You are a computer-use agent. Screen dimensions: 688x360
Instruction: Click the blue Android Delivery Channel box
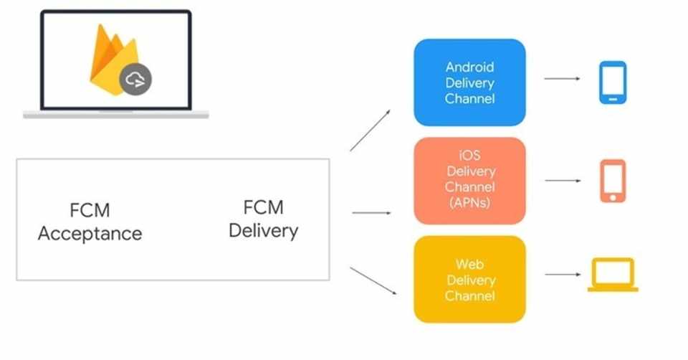tap(469, 82)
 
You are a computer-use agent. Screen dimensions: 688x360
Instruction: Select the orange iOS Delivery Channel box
tap(469, 181)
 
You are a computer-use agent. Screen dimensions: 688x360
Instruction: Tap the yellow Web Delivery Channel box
tap(469, 279)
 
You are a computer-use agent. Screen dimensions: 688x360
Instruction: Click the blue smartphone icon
tap(613, 82)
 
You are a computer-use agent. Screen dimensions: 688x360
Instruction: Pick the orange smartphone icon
tap(613, 181)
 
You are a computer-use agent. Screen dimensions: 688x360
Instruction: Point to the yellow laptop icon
tap(613, 275)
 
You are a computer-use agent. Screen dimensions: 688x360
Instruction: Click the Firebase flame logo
tap(115, 60)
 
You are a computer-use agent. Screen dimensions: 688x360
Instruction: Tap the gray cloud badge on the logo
tap(135, 80)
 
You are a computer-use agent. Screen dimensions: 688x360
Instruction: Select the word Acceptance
tap(90, 234)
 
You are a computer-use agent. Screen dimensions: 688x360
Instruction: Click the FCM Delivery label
tap(263, 219)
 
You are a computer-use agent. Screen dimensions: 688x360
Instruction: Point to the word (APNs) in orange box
tap(469, 202)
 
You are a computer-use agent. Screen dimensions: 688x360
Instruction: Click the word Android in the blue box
tap(470, 67)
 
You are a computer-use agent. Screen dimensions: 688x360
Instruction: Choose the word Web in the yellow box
tap(469, 265)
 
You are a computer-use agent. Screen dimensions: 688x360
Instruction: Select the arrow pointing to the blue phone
tap(562, 79)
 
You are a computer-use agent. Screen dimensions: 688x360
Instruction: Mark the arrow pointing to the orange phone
tap(563, 181)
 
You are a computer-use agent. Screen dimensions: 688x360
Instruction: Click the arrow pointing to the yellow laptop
tap(563, 275)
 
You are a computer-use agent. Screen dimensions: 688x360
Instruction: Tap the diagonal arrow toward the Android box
tap(370, 131)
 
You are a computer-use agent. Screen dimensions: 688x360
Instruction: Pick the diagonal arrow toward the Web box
tap(373, 280)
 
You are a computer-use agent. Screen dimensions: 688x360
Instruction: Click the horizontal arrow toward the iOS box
tap(371, 213)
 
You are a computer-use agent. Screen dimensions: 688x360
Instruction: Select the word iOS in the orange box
tap(469, 155)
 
